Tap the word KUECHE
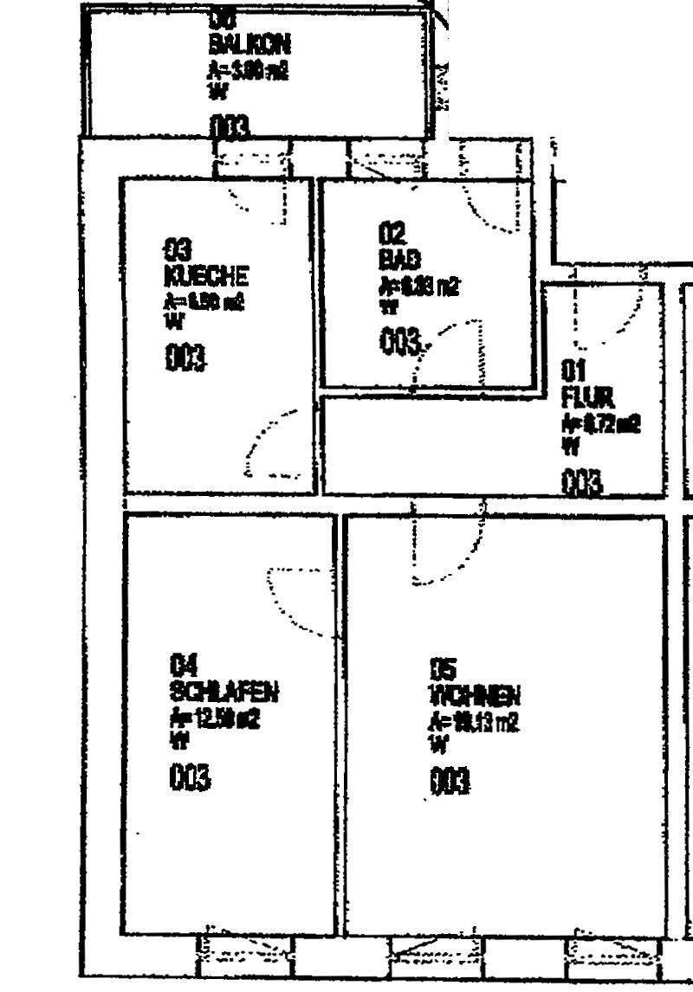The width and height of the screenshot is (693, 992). click(206, 276)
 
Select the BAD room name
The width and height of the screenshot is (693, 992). click(399, 259)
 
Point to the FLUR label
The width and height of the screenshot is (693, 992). click(588, 398)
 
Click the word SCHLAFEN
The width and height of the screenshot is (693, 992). click(224, 692)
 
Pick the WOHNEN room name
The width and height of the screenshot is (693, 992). click(474, 695)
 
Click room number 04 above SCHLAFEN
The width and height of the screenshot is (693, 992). click(184, 666)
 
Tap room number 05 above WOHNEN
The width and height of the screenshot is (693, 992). click(443, 669)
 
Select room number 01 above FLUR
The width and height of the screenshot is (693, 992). click(573, 371)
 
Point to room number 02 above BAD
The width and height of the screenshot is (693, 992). click(392, 232)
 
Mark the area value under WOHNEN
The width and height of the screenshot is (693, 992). click(475, 721)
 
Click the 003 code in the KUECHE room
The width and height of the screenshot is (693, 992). click(186, 357)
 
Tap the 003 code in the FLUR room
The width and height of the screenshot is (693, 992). click(581, 482)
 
